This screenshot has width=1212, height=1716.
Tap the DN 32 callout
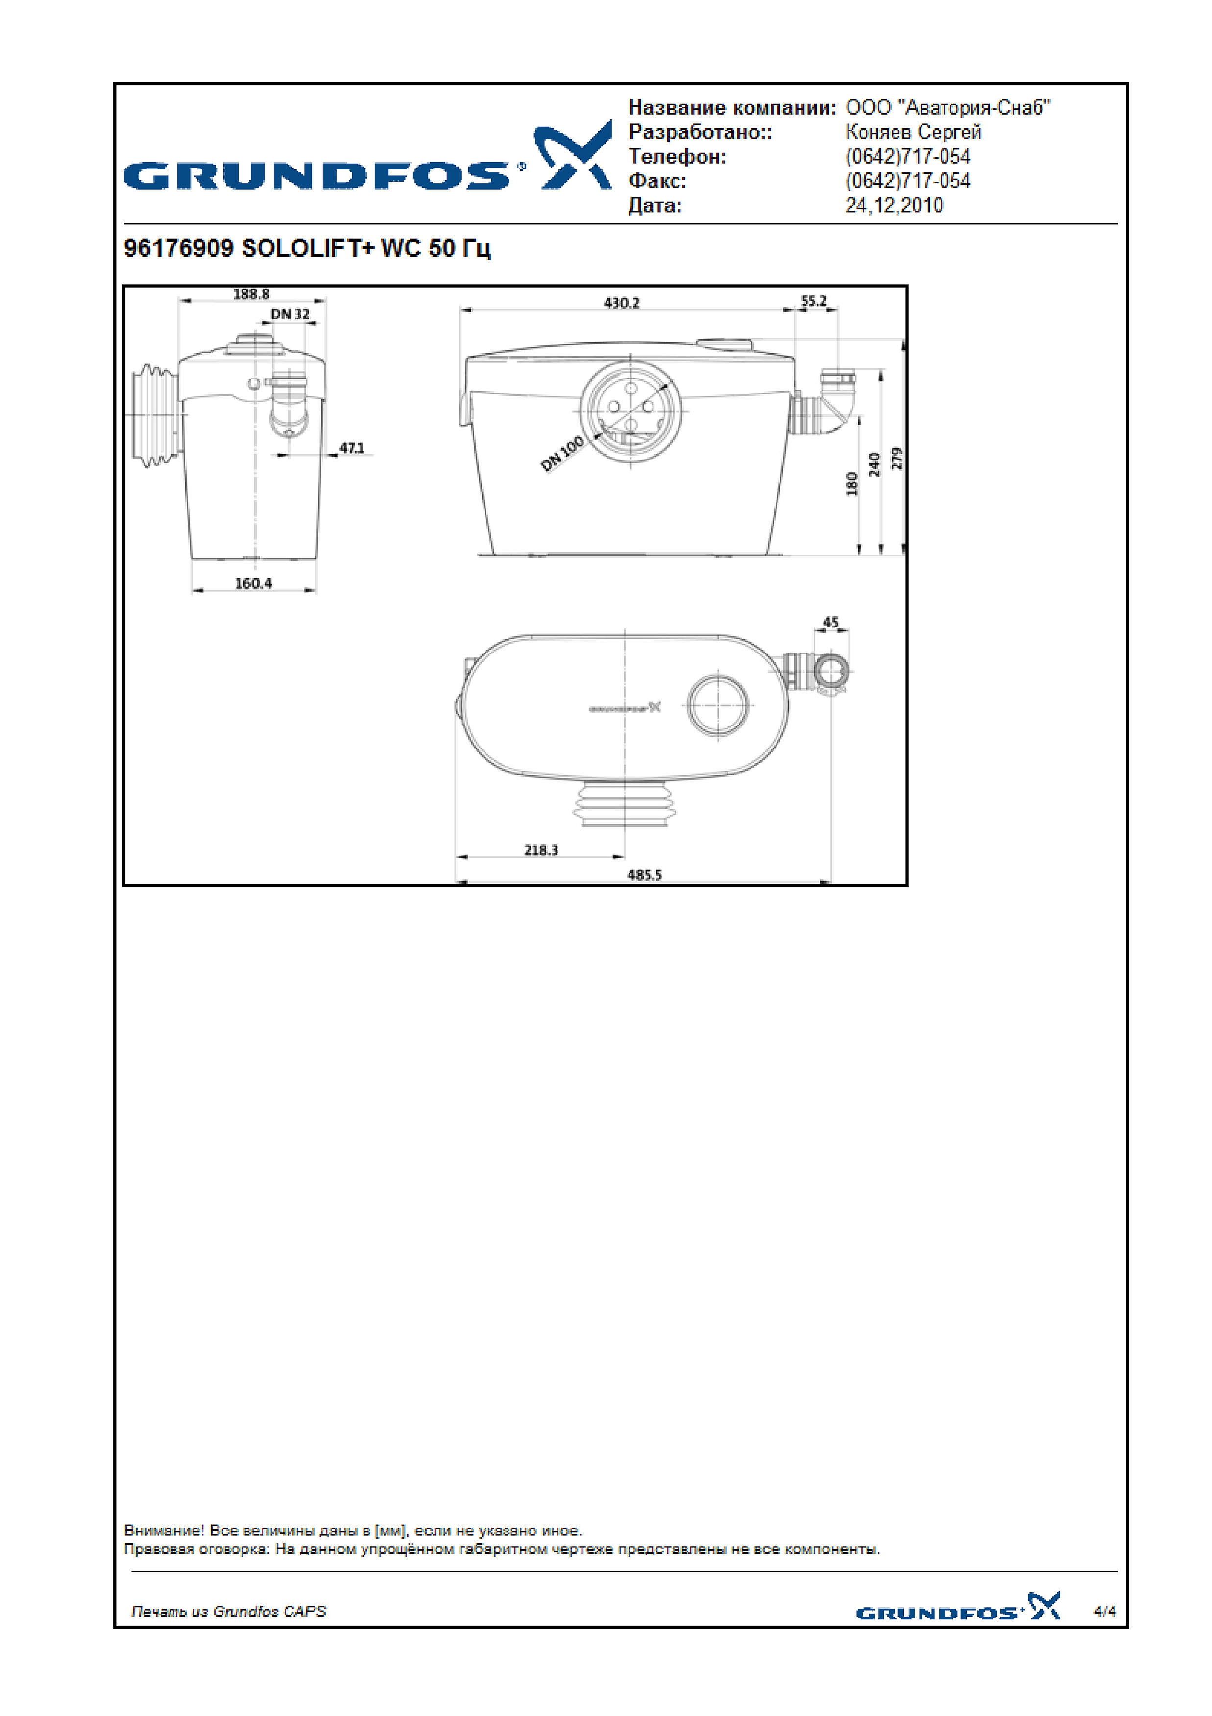[x=290, y=314]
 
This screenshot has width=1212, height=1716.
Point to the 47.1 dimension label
[x=352, y=448]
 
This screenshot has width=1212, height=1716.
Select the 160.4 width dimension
[x=253, y=583]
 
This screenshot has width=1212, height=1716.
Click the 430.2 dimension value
[x=622, y=303]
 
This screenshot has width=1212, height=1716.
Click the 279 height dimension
[x=897, y=458]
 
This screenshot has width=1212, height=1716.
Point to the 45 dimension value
[x=831, y=622]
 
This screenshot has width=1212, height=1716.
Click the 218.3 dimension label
[x=541, y=850]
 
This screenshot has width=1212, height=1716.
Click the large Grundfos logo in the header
[x=367, y=156]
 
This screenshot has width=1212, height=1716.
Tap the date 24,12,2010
[x=894, y=206]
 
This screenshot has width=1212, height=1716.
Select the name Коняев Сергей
[x=913, y=132]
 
